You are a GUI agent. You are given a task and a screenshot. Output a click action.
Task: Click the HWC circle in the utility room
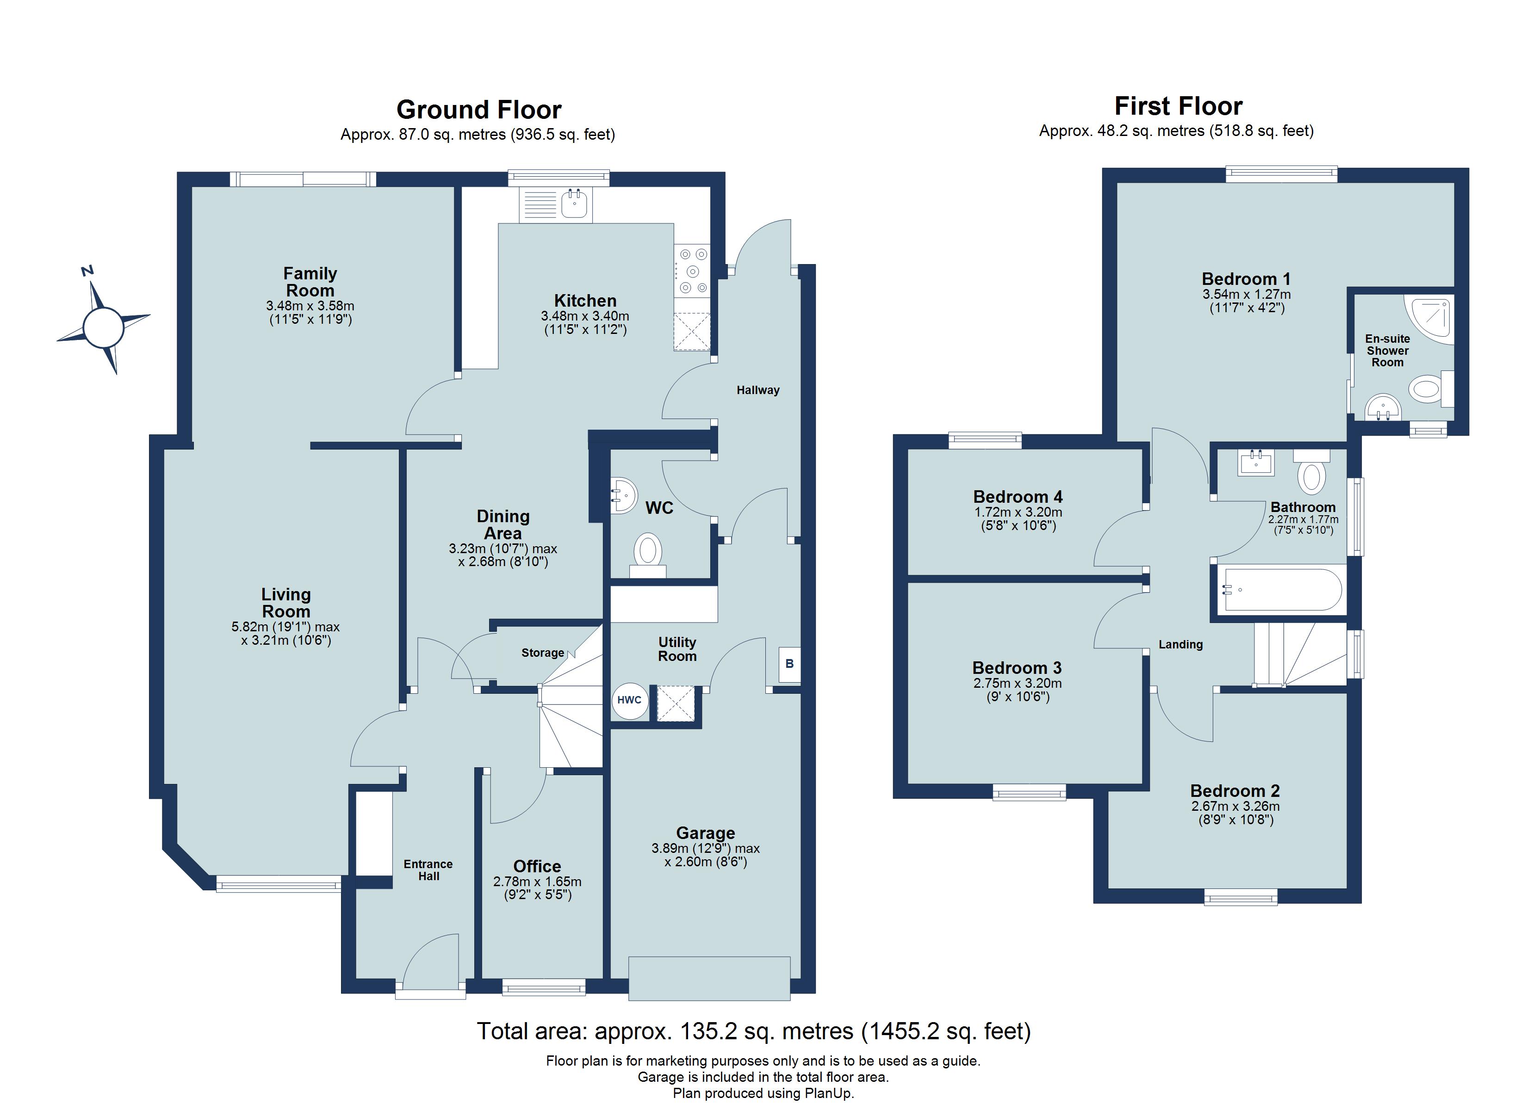(629, 700)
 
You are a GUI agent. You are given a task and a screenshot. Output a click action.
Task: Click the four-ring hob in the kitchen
(692, 271)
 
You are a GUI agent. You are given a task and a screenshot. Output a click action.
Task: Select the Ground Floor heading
(479, 110)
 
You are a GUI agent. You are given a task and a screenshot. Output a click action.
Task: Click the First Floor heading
(1178, 106)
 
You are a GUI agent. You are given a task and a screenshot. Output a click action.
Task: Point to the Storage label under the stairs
(543, 653)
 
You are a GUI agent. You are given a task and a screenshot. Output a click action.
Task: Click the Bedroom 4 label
(1018, 497)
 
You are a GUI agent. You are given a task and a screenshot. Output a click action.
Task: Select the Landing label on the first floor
(1180, 644)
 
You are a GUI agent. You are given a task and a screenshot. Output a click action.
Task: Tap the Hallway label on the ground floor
(757, 390)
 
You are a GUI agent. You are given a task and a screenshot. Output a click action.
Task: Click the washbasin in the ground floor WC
(625, 496)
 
